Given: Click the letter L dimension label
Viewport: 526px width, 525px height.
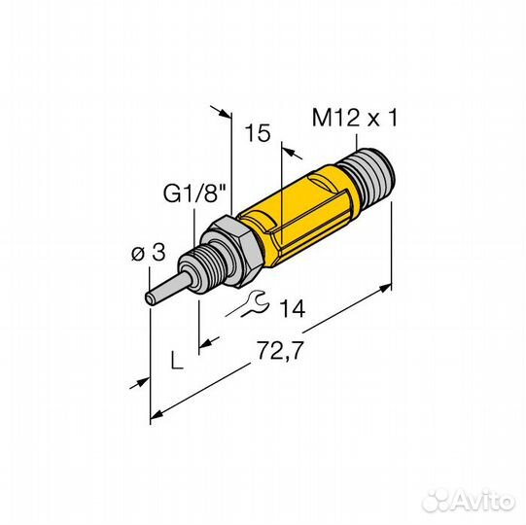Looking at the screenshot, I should (175, 362).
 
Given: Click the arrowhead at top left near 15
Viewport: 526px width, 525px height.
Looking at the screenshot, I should (227, 113).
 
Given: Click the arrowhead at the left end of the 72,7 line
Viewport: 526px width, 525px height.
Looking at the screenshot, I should (157, 418).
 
